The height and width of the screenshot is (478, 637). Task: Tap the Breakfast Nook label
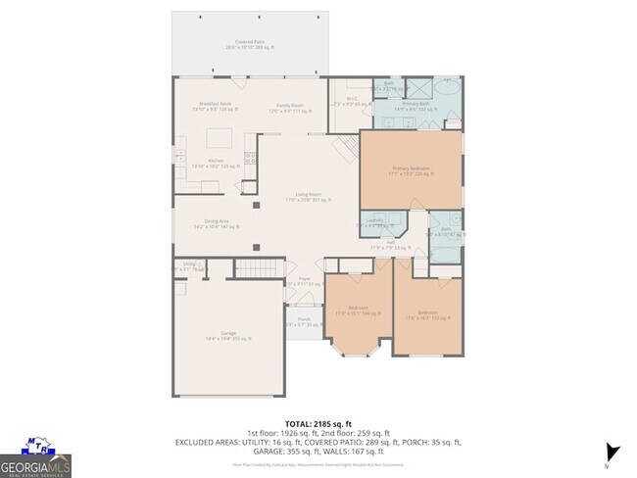tap(215, 106)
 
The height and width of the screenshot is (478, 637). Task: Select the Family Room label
tap(289, 106)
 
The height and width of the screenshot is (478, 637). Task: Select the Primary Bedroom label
tap(411, 170)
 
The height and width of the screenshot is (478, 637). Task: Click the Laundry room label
tap(376, 222)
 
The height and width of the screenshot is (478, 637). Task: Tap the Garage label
tap(228, 335)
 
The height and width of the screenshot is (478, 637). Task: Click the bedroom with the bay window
tap(356, 313)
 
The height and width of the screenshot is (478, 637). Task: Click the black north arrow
tap(613, 453)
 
